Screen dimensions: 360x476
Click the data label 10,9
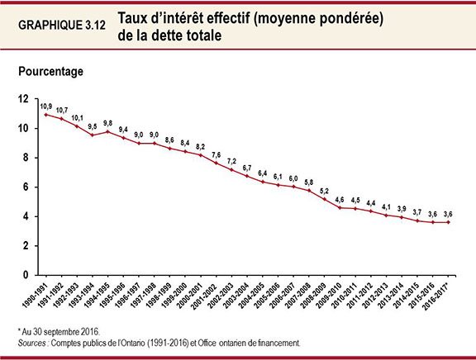click(x=46, y=107)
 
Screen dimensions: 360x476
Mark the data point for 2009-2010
click(x=340, y=207)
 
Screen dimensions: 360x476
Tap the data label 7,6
click(x=217, y=154)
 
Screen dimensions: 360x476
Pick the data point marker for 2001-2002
click(x=217, y=163)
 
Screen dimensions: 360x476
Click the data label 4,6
click(x=340, y=198)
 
